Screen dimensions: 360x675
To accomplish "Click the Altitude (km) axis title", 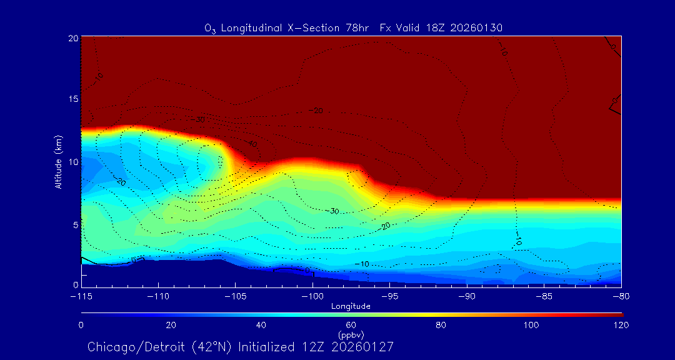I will point(58,161).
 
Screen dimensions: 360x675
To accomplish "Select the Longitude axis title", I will point(351,306).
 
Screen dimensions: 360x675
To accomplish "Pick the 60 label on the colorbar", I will point(351,325).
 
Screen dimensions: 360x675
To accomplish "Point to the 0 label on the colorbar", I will point(81,325).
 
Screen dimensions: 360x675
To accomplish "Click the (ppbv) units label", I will point(351,334).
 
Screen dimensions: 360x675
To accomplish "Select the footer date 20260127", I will point(363,347).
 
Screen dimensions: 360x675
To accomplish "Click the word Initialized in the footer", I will point(277,347).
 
